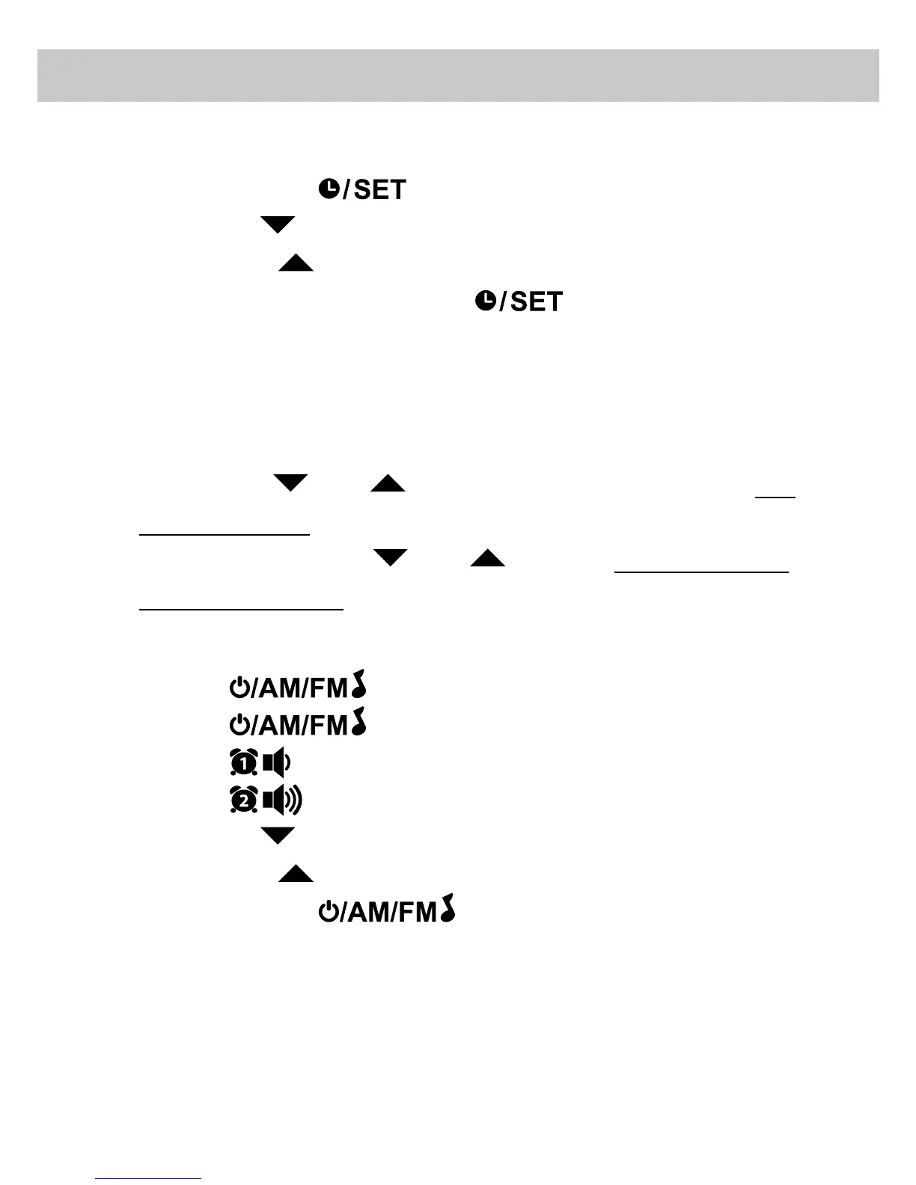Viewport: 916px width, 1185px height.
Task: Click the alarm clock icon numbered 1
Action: [243, 763]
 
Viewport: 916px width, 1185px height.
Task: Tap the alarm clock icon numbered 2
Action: [243, 800]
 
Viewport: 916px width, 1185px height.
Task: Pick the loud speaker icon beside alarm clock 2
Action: [282, 800]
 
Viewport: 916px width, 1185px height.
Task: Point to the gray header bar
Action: [458, 76]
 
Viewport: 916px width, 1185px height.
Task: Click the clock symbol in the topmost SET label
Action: [329, 189]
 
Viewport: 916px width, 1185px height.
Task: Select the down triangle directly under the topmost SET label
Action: [278, 224]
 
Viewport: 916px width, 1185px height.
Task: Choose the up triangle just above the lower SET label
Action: [296, 263]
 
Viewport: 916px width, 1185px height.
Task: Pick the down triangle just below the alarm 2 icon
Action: [278, 836]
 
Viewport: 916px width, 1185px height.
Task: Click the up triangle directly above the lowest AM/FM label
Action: [296, 874]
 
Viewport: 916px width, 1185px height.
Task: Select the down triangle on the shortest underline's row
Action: [291, 483]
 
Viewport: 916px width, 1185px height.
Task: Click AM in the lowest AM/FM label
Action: [366, 913]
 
